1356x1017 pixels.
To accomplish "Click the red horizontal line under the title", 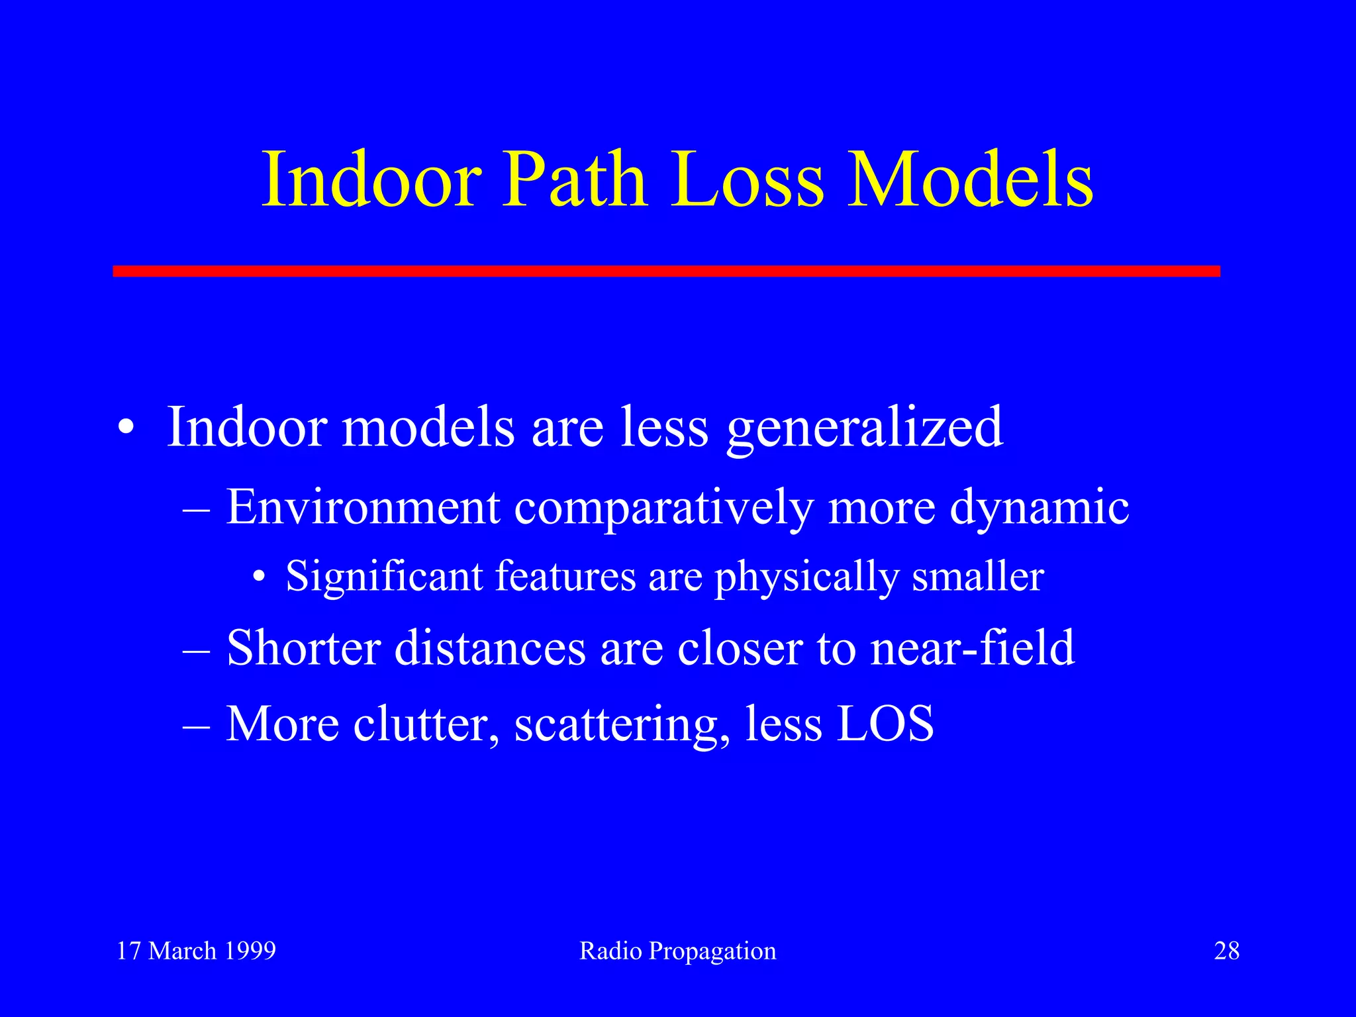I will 666,271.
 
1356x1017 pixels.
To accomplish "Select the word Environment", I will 363,507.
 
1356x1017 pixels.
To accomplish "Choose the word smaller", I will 978,576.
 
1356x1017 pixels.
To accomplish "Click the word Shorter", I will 303,648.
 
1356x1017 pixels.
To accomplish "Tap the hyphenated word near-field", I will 972,648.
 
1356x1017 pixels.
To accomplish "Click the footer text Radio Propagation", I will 677,951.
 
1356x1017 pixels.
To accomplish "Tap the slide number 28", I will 1226,951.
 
